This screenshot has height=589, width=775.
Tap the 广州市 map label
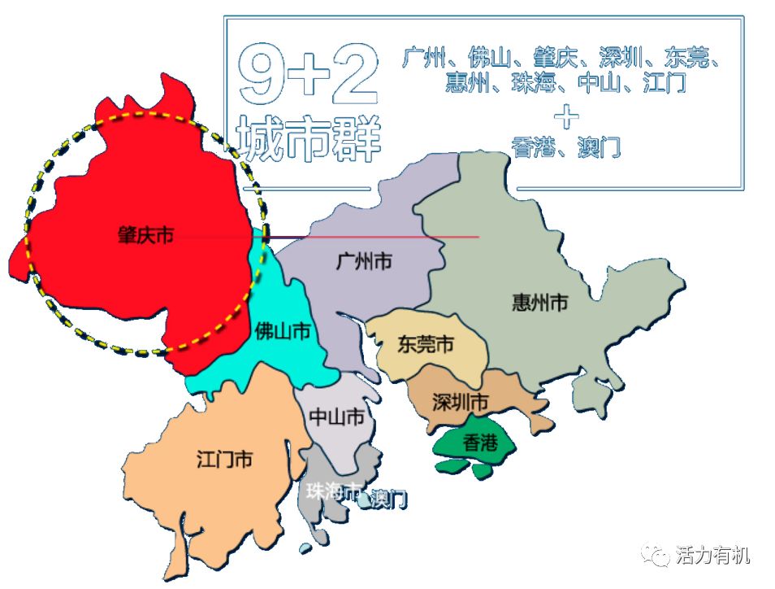tap(364, 261)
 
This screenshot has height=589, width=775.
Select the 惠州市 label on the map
tap(539, 303)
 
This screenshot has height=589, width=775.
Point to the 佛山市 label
tap(283, 331)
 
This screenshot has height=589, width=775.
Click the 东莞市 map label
tap(425, 344)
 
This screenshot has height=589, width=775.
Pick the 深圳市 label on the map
tap(461, 402)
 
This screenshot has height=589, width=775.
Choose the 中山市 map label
tap(336, 417)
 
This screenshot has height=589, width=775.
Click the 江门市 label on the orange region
tap(224, 459)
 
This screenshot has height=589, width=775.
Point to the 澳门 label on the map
tap(387, 500)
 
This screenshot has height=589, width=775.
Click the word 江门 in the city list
tap(665, 83)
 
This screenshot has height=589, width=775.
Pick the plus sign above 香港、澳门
tap(566, 116)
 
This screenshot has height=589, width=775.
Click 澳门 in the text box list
tap(601, 148)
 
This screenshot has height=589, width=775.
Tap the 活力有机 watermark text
tap(712, 556)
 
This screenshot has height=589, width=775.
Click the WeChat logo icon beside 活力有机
tap(655, 555)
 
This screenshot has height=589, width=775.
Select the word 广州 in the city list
tap(423, 58)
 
